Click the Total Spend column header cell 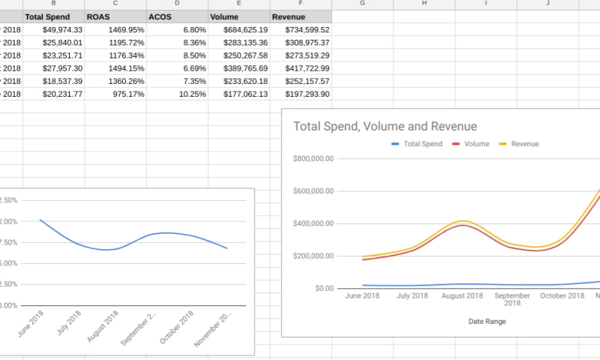(x=47, y=16)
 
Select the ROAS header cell (x=97, y=16)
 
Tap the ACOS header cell (x=160, y=16)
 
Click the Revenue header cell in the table (x=289, y=16)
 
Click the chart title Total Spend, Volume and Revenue (x=385, y=127)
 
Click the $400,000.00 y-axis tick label (x=313, y=223)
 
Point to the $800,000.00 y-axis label (x=313, y=159)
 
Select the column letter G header (x=362, y=4)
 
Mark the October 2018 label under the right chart (x=562, y=295)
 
